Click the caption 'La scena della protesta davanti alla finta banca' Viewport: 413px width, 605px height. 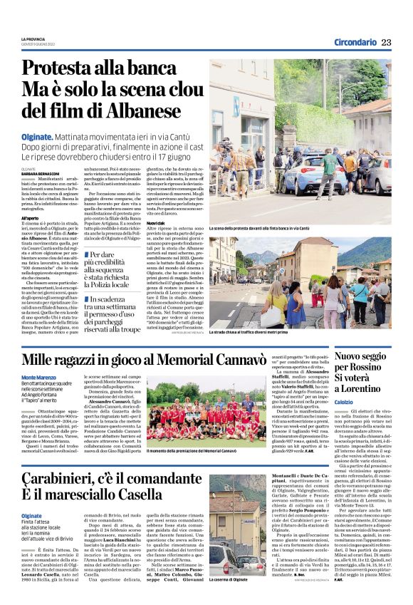click(x=259, y=229)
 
